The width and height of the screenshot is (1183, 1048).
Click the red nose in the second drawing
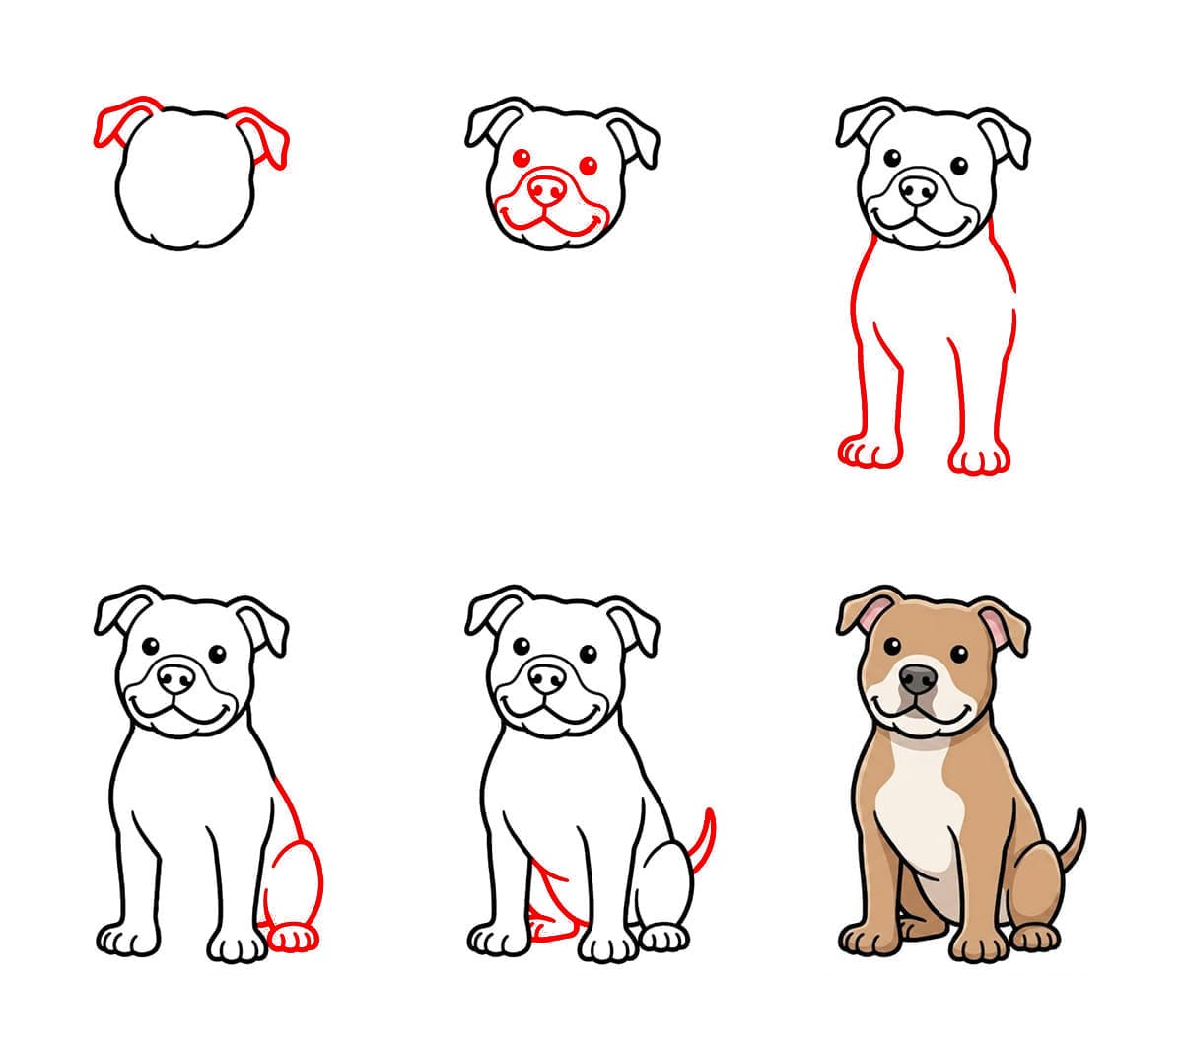coord(547,187)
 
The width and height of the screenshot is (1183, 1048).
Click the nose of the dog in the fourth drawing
coord(177,678)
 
